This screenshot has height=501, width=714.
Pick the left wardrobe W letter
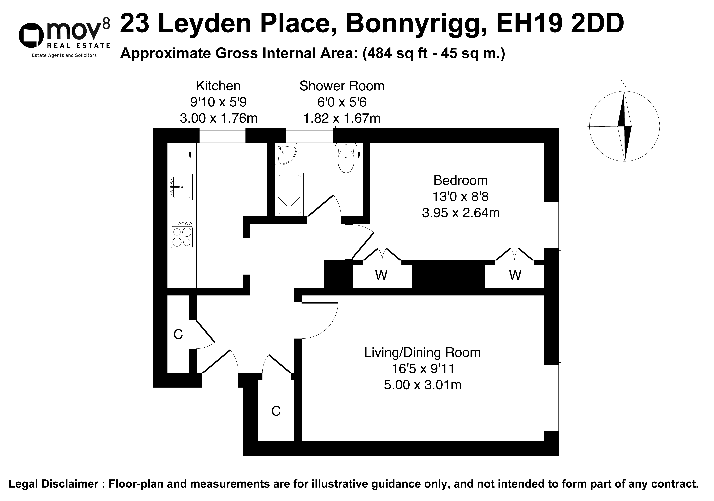381,275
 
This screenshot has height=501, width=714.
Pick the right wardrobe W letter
515,275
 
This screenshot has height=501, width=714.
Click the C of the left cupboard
178,334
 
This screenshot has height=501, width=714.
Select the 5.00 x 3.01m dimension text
423,385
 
